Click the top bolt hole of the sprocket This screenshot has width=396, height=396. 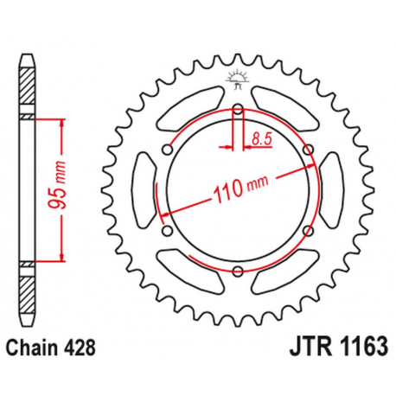[237, 109]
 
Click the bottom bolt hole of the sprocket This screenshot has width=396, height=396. [237, 273]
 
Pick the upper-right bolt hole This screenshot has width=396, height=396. [308, 151]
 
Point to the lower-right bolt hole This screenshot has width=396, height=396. [308, 232]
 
